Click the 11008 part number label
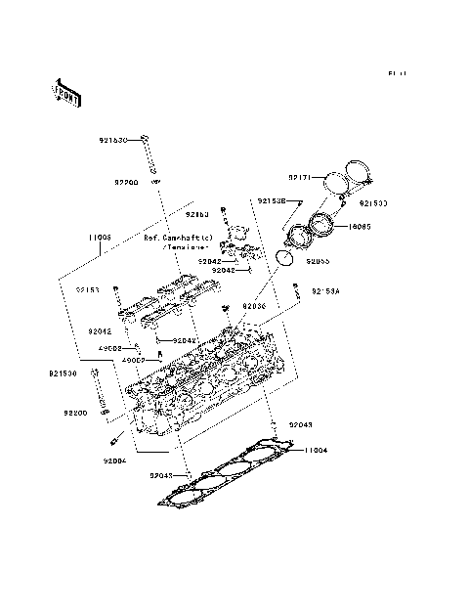click(100, 238)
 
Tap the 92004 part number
click(113, 460)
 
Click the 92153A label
click(327, 290)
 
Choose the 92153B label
click(271, 201)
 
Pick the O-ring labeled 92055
click(283, 257)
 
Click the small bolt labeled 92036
click(226, 309)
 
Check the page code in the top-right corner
click(396, 73)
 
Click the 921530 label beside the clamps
click(372, 203)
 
